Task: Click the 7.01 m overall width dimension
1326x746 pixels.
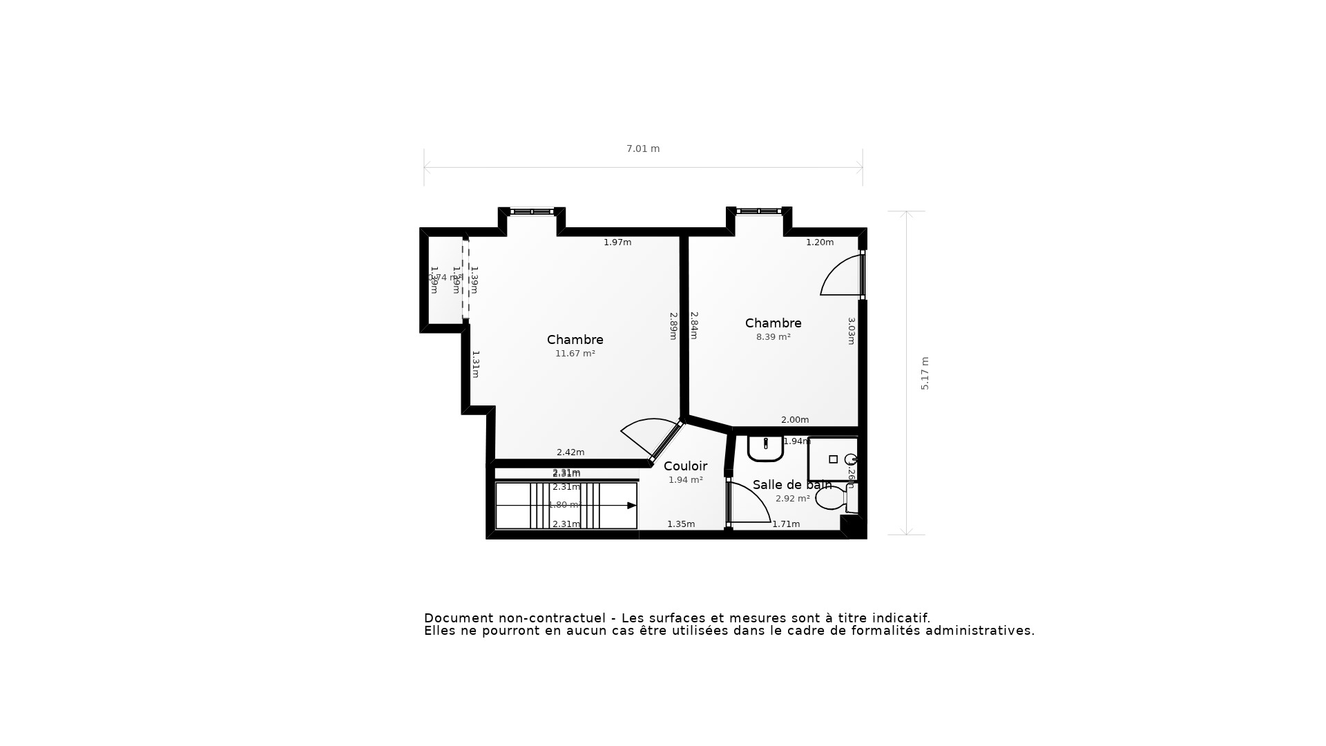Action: pyautogui.click(x=642, y=149)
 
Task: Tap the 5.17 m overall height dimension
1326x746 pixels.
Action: pyautogui.click(x=925, y=373)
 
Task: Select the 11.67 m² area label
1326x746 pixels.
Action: pyautogui.click(x=575, y=354)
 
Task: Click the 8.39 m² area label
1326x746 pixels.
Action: pyautogui.click(x=773, y=337)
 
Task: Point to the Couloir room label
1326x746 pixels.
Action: pyautogui.click(x=684, y=466)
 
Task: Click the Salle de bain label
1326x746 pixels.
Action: pyautogui.click(x=791, y=485)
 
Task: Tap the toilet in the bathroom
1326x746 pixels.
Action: pyautogui.click(x=832, y=498)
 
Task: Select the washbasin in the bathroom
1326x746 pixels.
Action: pyautogui.click(x=765, y=449)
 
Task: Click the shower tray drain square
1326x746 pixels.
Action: pyautogui.click(x=833, y=459)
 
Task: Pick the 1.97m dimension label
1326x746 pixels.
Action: pyautogui.click(x=617, y=242)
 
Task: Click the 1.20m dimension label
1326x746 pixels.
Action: pyautogui.click(x=820, y=242)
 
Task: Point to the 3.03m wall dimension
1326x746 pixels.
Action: pyautogui.click(x=852, y=331)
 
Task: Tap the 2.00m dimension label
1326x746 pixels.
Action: pyautogui.click(x=794, y=420)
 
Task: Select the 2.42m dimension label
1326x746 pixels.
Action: pyautogui.click(x=570, y=452)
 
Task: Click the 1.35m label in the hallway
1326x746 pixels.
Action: pyautogui.click(x=680, y=524)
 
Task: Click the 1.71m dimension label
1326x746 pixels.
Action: pyautogui.click(x=786, y=524)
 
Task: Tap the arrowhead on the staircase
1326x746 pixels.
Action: pyautogui.click(x=631, y=506)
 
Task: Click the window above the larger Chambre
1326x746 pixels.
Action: pyautogui.click(x=532, y=211)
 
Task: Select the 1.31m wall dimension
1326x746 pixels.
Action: pyautogui.click(x=475, y=364)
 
